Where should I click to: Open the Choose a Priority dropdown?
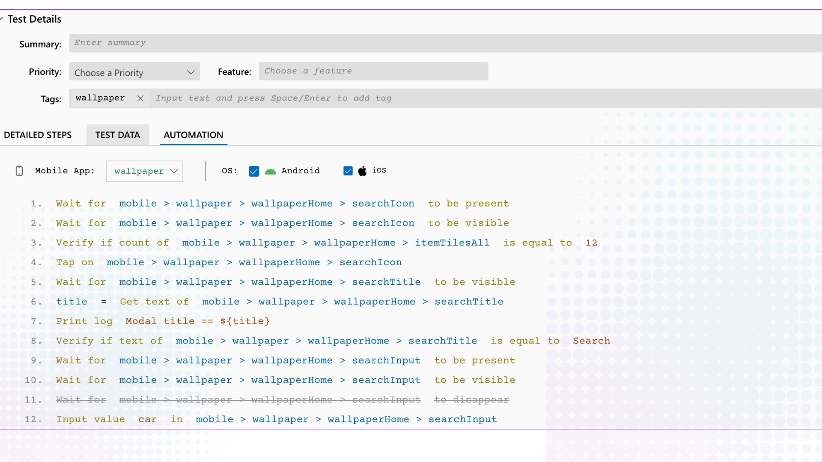134,72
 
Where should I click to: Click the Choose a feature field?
373,71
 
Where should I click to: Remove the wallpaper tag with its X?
140,98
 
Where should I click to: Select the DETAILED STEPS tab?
38,135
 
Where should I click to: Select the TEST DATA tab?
118,135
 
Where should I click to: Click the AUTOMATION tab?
194,135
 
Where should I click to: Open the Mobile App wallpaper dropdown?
145,171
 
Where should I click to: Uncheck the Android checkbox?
254,171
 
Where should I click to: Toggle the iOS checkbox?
348,171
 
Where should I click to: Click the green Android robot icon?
271,171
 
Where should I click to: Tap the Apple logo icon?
363,171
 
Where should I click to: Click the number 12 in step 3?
591,243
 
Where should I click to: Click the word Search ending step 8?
591,341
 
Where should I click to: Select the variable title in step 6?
71,302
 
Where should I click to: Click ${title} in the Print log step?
245,321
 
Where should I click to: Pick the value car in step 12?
147,420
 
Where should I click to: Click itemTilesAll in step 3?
452,243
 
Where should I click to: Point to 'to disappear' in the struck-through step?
471,400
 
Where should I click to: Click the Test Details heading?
34,19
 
